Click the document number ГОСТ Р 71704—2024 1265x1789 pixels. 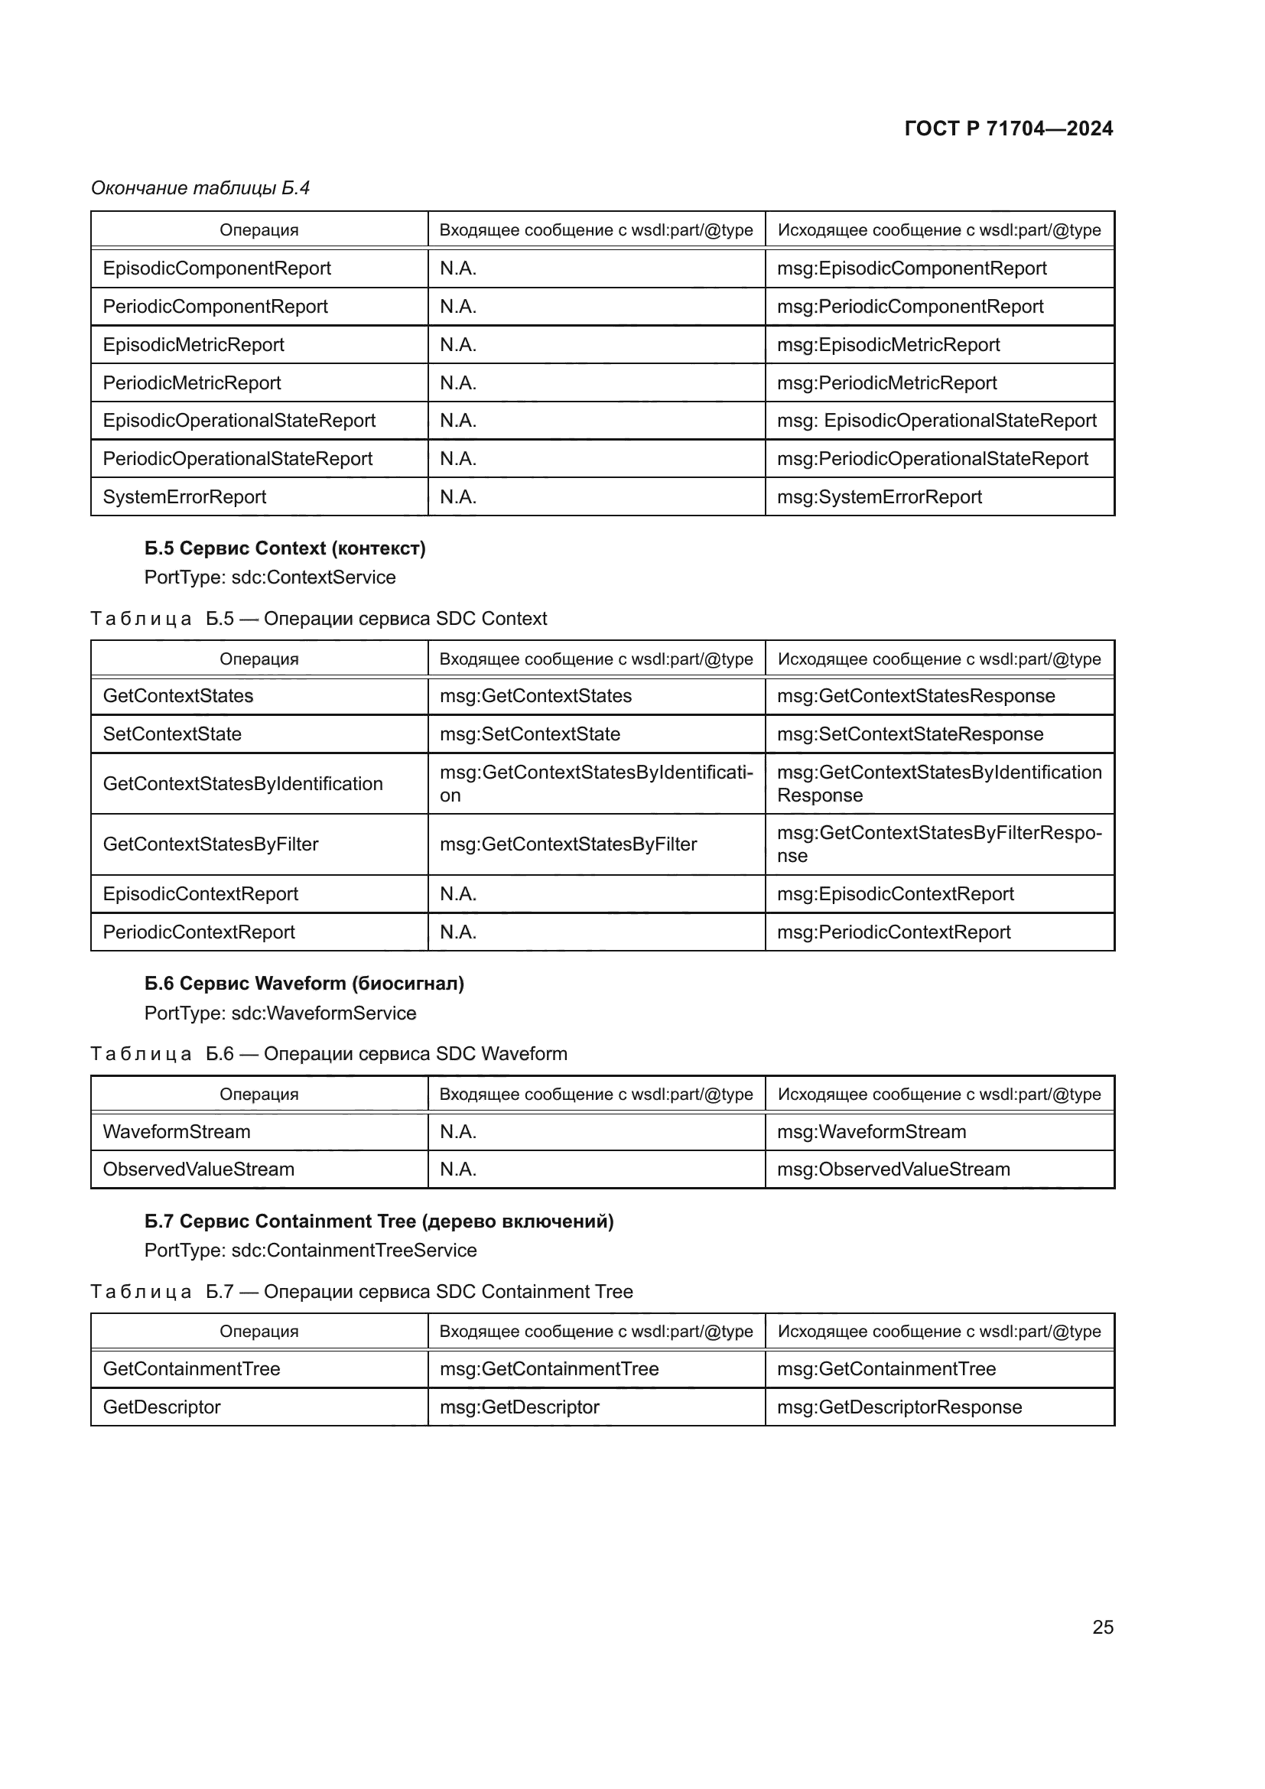1008,128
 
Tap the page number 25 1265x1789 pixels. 1102,1627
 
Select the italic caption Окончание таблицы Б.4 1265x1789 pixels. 200,188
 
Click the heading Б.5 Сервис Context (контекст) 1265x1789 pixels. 285,548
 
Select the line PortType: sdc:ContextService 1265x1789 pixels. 269,577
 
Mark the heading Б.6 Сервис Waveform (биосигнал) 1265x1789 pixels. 304,984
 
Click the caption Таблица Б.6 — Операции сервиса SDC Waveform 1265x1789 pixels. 329,1053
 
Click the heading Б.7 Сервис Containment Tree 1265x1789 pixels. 379,1221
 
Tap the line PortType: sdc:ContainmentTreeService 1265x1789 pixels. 310,1251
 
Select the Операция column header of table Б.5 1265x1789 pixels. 259,659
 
